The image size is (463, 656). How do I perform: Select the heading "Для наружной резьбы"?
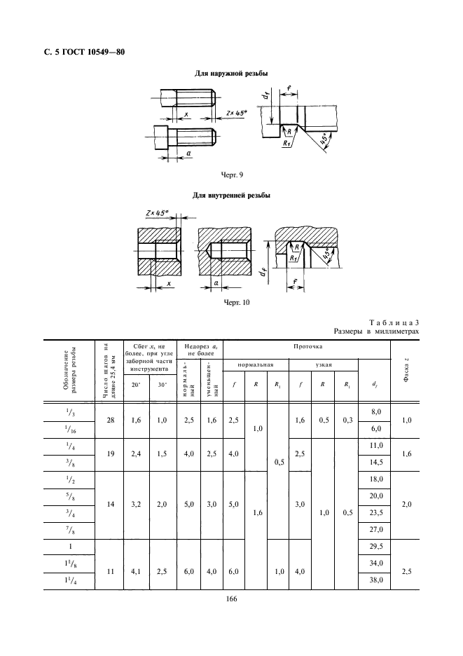click(x=231, y=74)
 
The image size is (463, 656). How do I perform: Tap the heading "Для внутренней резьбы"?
click(x=231, y=195)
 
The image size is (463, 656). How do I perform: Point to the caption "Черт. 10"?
click(x=231, y=303)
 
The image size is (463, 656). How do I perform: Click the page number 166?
click(x=231, y=598)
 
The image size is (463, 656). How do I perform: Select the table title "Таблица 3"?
click(x=398, y=320)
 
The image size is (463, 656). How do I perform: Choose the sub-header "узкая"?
click(x=323, y=364)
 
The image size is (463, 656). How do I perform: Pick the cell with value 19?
click(x=110, y=453)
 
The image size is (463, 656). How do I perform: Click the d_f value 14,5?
click(x=375, y=462)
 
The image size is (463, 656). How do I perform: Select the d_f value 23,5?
click(x=375, y=512)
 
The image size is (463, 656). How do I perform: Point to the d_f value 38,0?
click(x=375, y=580)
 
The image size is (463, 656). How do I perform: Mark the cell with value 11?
click(x=110, y=571)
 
